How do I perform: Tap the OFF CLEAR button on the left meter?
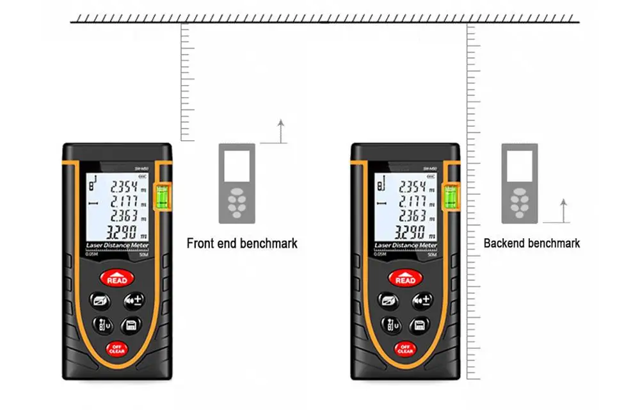click(x=116, y=350)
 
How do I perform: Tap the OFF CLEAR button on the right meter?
click(x=405, y=350)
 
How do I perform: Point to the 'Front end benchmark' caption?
click(x=242, y=244)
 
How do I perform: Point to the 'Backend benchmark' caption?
click(x=532, y=243)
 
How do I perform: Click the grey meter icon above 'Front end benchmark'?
click(x=237, y=183)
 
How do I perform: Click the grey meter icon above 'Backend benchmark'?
click(x=519, y=183)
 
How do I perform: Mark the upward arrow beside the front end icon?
click(x=279, y=131)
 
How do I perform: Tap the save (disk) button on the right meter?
click(x=419, y=325)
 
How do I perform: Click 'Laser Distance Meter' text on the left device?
click(x=117, y=246)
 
